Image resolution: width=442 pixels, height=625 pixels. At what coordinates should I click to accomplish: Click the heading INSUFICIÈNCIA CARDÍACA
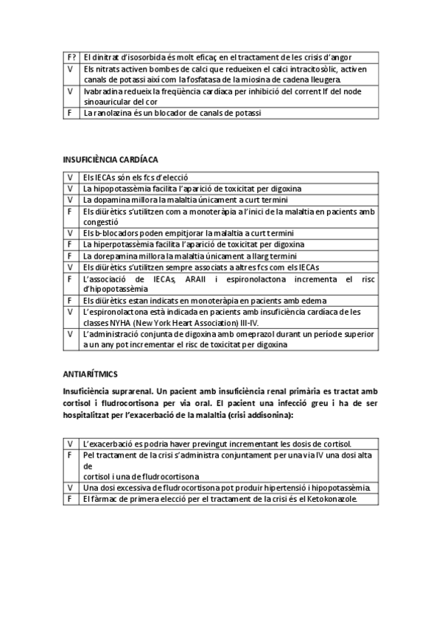tap(110, 159)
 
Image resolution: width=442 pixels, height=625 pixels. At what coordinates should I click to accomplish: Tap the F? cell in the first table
tap(71, 57)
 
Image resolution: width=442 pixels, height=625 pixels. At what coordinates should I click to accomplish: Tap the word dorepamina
tap(117, 255)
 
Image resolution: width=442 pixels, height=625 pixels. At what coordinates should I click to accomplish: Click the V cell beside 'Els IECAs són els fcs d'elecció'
tap(71, 178)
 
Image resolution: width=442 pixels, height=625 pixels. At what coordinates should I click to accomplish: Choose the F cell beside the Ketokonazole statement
tap(71, 499)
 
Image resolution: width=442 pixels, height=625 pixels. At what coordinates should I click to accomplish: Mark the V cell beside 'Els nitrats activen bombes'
tap(71, 69)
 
